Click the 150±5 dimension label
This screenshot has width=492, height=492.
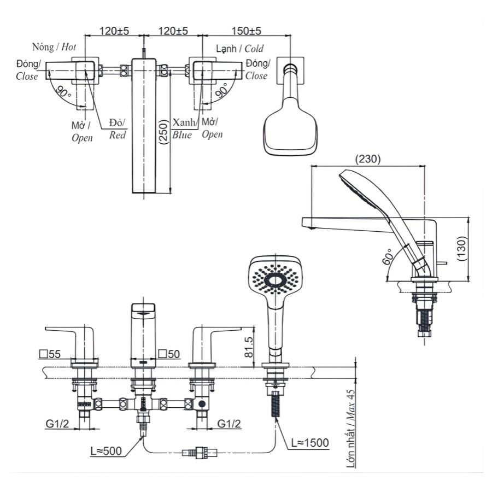click(245, 31)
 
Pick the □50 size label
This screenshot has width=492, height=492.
click(169, 354)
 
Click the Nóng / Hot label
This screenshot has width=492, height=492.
click(54, 47)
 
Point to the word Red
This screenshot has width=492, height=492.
click(118, 135)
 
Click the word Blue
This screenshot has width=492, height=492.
click(182, 135)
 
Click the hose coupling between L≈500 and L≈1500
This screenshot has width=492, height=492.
click(200, 452)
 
